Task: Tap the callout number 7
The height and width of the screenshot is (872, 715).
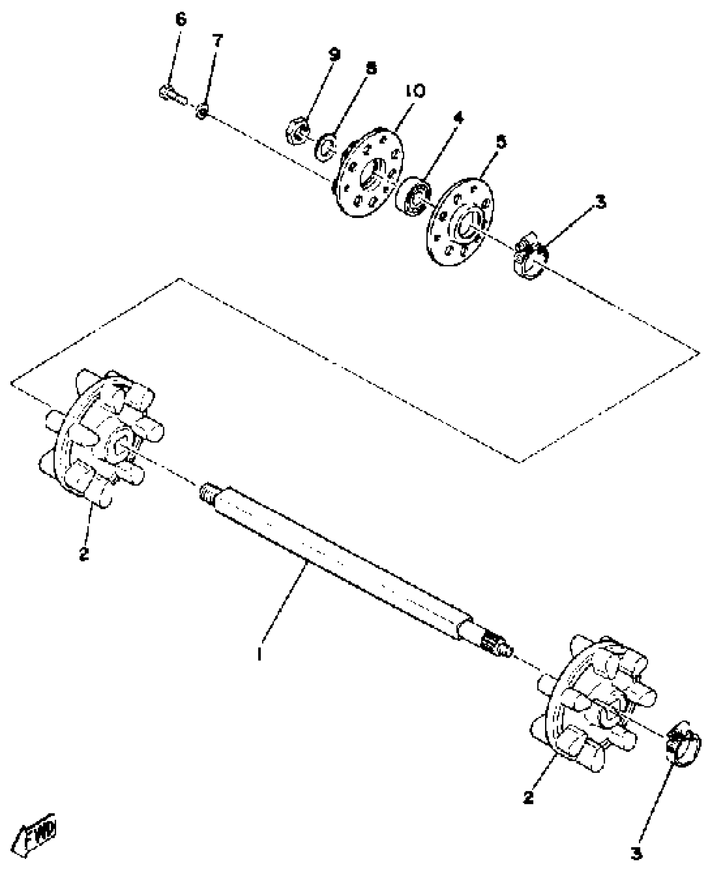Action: click(x=217, y=41)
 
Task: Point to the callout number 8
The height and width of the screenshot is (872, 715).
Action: click(x=371, y=69)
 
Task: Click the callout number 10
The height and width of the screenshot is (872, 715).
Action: click(x=415, y=91)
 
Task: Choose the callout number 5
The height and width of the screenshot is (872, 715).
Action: click(x=501, y=142)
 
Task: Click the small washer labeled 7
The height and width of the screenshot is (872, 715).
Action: click(x=202, y=112)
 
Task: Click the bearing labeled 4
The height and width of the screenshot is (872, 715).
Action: click(x=416, y=198)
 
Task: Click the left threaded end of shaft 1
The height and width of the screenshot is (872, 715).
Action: click(x=207, y=492)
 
